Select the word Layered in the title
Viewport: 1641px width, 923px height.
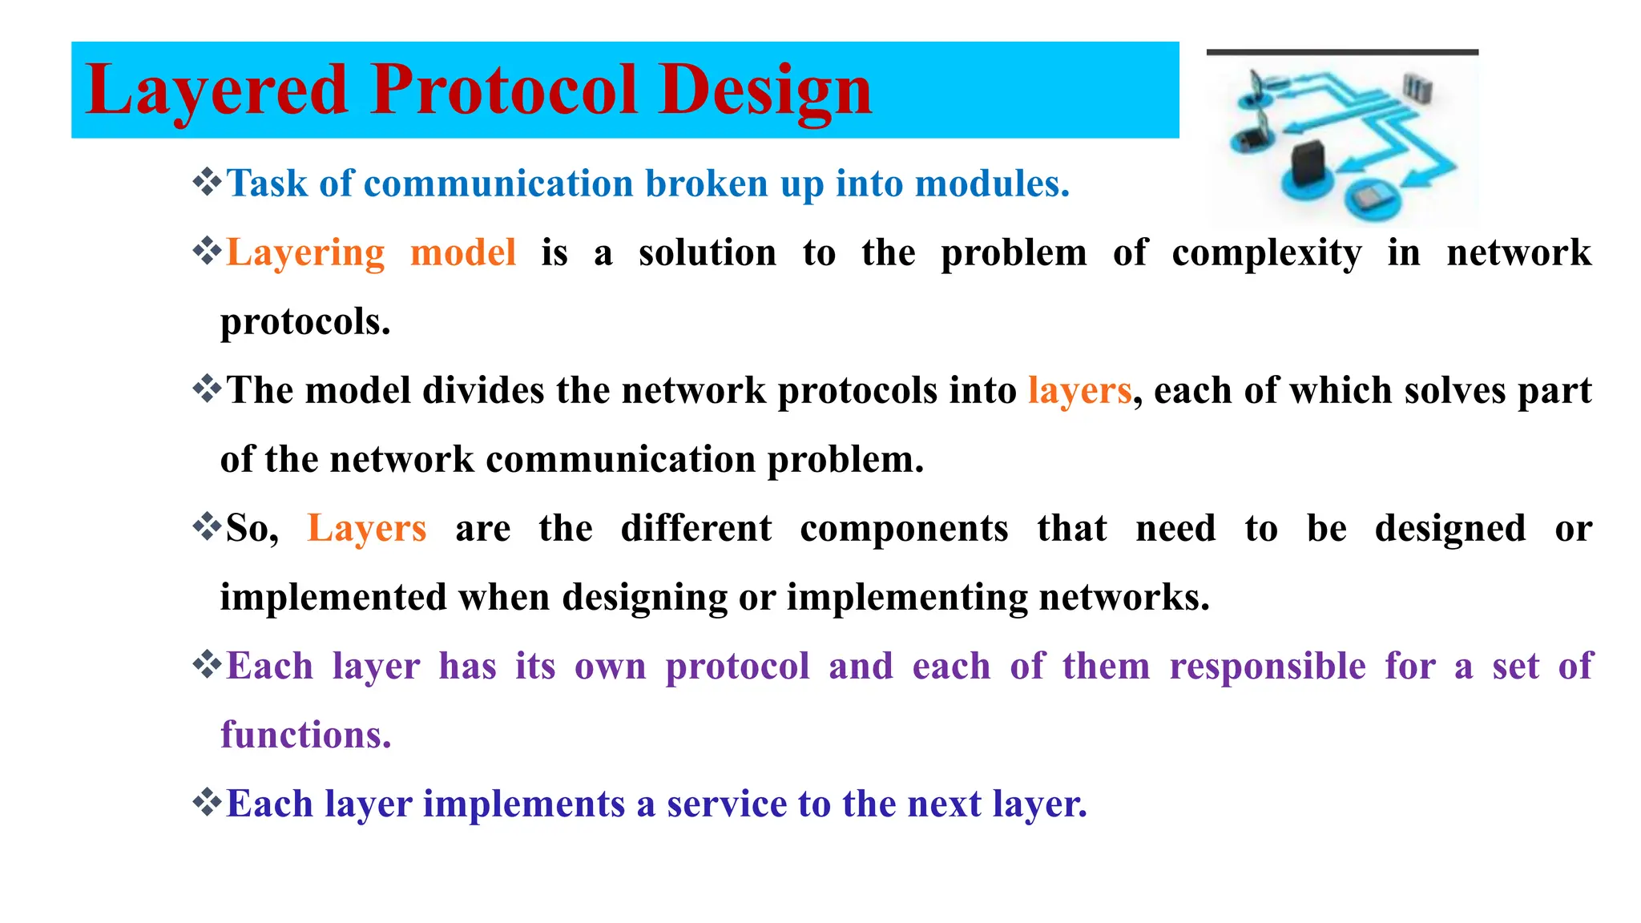coord(216,90)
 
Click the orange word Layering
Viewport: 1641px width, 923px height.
coord(305,253)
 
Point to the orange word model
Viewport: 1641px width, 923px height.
coord(462,253)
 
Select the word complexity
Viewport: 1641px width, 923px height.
coord(1266,253)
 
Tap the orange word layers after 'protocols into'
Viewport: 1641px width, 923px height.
coord(1079,391)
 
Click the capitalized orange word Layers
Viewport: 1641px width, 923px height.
coord(366,529)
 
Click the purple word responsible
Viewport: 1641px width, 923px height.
coord(1267,667)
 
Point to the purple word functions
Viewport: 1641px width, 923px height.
coord(305,735)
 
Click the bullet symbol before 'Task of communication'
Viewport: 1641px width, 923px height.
coord(207,182)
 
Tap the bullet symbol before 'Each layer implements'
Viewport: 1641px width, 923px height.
coord(207,802)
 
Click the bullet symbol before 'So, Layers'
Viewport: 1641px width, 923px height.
coord(207,526)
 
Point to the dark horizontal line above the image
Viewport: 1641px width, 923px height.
coord(1342,52)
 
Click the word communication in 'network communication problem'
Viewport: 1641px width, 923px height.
coord(621,460)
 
